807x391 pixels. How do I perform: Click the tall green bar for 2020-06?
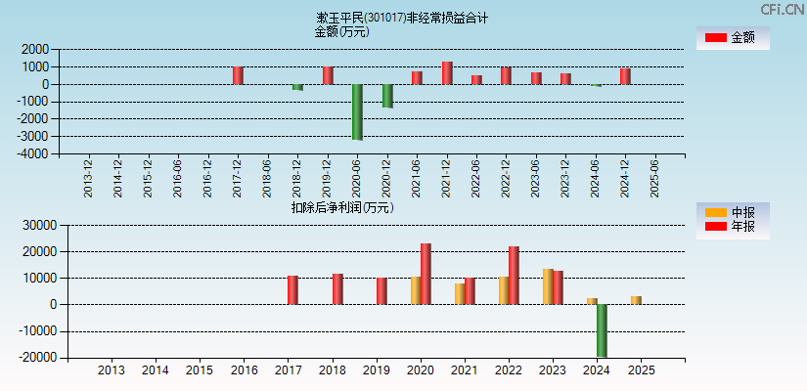tap(357, 111)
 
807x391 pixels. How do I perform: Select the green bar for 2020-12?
tap(387, 96)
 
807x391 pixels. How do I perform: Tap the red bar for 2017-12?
tap(238, 75)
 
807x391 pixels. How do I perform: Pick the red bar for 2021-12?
tap(447, 73)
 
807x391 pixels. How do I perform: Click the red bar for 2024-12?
tap(625, 76)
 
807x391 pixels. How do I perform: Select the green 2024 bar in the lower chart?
tap(602, 330)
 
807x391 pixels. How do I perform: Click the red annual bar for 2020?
tap(426, 274)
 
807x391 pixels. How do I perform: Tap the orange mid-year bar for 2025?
tap(636, 300)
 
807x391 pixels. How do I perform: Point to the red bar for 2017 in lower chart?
tap(292, 289)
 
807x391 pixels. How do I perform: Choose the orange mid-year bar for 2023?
tap(548, 286)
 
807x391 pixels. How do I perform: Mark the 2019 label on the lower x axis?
tap(376, 370)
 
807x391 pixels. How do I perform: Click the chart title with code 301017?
tap(402, 18)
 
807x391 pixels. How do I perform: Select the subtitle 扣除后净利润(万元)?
tap(342, 207)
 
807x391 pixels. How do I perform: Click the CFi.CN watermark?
tap(782, 10)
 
